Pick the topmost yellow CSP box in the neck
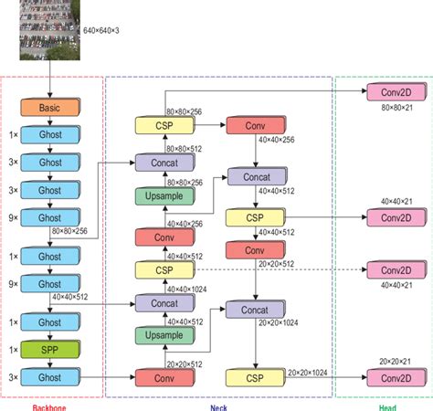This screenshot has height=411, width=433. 164,125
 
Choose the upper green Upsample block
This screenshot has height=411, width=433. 164,195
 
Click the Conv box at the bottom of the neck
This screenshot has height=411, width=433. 164,376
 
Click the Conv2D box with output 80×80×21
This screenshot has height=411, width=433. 394,91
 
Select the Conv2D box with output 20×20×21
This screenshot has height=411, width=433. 394,376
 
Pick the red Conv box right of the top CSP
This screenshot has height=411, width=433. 253,125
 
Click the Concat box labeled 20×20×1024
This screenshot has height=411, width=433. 255,311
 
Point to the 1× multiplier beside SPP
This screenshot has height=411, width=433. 14,350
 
